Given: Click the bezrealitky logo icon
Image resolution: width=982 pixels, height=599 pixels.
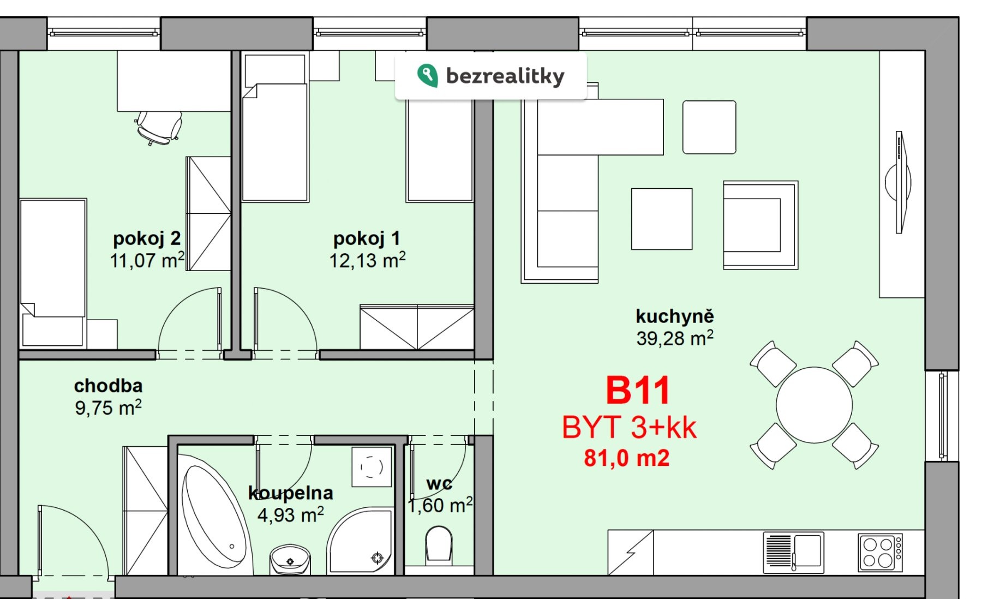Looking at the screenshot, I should tap(427, 75).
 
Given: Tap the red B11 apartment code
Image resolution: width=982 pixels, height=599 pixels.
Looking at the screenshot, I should tap(637, 391).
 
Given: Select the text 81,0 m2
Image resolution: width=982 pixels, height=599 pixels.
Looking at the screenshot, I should tap(626, 458).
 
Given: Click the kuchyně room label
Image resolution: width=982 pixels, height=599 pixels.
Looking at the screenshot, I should tap(674, 316).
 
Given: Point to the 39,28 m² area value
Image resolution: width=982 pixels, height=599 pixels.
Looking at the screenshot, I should tap(674, 338).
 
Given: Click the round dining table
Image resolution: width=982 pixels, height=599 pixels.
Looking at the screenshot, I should tap(814, 405).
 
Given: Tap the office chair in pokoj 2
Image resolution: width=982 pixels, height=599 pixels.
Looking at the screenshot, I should tap(159, 127).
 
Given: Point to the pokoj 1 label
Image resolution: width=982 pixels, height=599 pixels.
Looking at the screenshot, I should tap(367, 238).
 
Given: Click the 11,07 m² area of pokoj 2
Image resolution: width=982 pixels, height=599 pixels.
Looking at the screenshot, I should tap(147, 260).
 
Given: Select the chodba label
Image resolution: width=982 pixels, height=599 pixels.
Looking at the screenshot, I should tap(108, 386).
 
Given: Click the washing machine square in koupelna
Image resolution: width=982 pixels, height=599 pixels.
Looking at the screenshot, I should tap(372, 467).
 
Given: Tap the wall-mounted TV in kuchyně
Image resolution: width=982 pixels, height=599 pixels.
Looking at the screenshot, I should tap(899, 182).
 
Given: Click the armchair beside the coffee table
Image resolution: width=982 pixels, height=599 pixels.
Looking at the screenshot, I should tap(760, 225).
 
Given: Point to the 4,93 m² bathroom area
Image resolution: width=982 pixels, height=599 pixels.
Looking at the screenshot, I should tap(290, 514).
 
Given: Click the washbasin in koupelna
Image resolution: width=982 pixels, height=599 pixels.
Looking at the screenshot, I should tap(290, 559).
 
